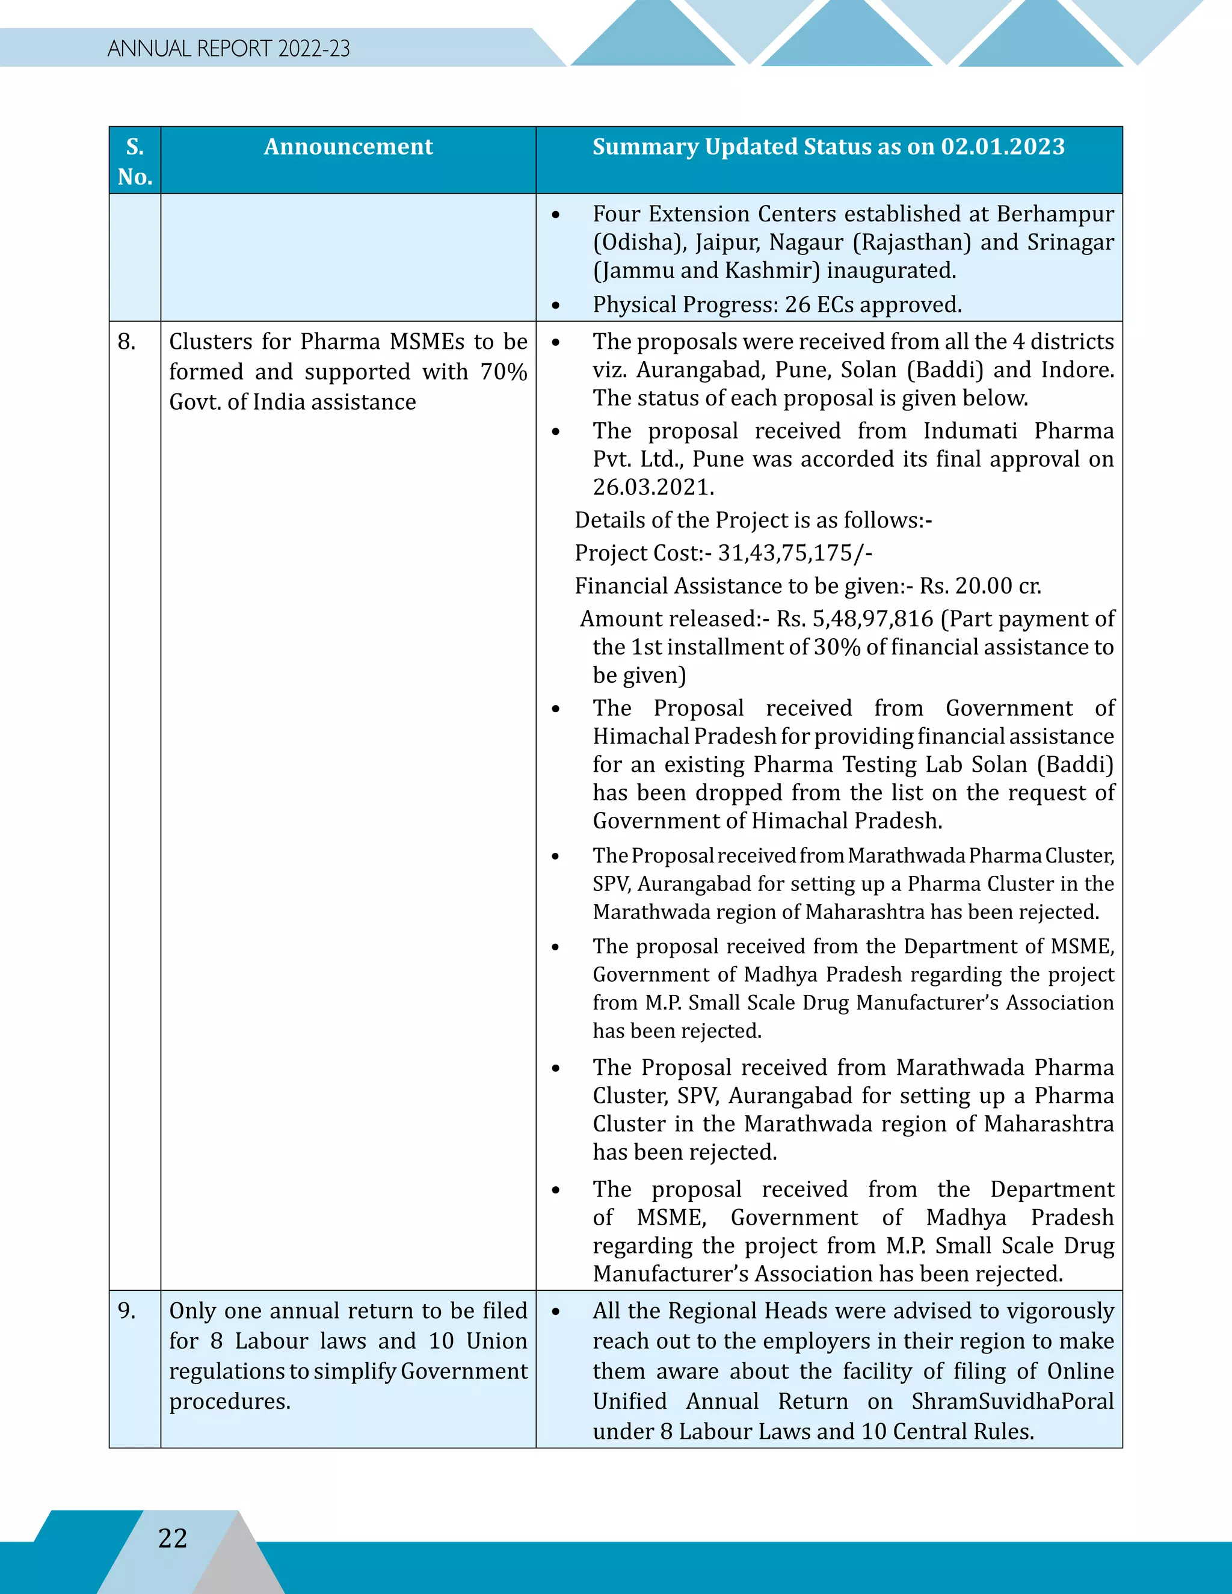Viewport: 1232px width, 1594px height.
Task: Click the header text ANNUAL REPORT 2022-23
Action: pyautogui.click(x=229, y=49)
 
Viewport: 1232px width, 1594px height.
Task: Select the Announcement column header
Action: pyautogui.click(x=348, y=147)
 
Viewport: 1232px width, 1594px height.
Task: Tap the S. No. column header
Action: pyautogui.click(x=135, y=161)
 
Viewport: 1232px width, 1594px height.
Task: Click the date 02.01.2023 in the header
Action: pyautogui.click(x=1002, y=147)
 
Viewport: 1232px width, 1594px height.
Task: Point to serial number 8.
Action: pyautogui.click(x=126, y=342)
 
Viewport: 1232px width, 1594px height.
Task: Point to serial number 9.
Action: pyautogui.click(x=126, y=1310)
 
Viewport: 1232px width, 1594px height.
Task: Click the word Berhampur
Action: pyautogui.click(x=1055, y=214)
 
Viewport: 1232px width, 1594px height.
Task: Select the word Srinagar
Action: pyautogui.click(x=1070, y=242)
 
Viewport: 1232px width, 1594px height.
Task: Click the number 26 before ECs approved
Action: pyautogui.click(x=798, y=304)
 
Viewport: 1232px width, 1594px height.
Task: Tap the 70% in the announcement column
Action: pyautogui.click(x=504, y=372)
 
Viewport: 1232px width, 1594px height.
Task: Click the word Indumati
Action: pyautogui.click(x=970, y=431)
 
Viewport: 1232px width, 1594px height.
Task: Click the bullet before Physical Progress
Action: pyautogui.click(x=556, y=306)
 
